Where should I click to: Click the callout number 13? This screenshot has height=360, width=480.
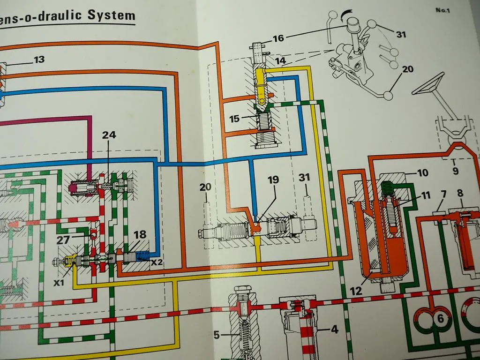[x=39, y=60]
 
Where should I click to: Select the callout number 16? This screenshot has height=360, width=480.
[x=278, y=38]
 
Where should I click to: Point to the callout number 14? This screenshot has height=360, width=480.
[x=280, y=60]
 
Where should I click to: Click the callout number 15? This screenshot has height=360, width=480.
[x=235, y=119]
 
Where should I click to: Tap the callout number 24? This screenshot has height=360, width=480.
[x=109, y=135]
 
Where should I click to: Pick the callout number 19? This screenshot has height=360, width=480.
[x=273, y=180]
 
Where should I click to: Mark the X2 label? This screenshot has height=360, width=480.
[x=157, y=262]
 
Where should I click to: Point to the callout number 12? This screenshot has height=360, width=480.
[x=356, y=291]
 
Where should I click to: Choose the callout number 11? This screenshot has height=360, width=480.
[x=426, y=196]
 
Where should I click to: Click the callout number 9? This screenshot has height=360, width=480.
[x=455, y=171]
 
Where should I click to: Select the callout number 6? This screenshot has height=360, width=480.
[x=440, y=318]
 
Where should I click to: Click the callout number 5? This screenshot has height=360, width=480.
[x=217, y=335]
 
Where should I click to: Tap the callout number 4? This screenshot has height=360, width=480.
[x=334, y=329]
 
